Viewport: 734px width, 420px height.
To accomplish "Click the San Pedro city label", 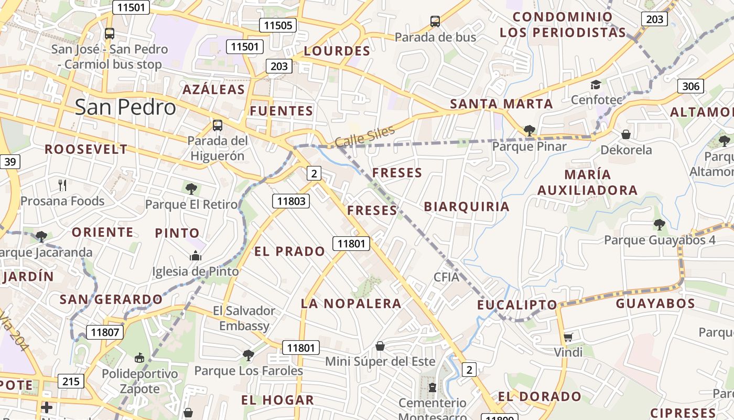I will [x=125, y=107].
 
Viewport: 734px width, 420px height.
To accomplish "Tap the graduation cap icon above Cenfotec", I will [x=596, y=85].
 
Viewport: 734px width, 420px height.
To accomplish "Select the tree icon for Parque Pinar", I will [x=529, y=131].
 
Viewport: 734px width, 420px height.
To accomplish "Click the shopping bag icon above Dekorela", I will [x=625, y=134].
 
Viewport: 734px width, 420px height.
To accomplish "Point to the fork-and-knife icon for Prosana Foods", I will [x=62, y=185].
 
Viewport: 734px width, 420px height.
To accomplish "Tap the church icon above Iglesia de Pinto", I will [x=196, y=256].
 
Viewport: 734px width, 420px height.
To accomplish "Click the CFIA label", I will [x=446, y=277].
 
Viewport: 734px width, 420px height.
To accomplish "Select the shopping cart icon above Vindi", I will [x=568, y=337].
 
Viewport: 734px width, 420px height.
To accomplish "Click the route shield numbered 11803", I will [x=291, y=201].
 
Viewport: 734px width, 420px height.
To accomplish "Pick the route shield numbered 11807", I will [x=104, y=332].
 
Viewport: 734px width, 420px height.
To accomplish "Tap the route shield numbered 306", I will [x=690, y=86].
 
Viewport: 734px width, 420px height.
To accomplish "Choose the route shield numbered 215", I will [x=71, y=381].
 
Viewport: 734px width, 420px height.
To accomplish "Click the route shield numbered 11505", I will [x=278, y=25].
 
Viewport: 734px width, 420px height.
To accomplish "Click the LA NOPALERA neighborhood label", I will [x=351, y=303].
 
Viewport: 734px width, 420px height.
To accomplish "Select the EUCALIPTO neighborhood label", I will [x=517, y=305].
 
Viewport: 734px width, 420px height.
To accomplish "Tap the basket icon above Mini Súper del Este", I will [x=380, y=346].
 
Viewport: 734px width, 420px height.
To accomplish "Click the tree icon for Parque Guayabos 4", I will [x=660, y=225].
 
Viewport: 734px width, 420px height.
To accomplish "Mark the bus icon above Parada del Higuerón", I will [x=218, y=125].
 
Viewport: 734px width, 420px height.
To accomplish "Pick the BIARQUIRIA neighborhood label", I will [x=467, y=206].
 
